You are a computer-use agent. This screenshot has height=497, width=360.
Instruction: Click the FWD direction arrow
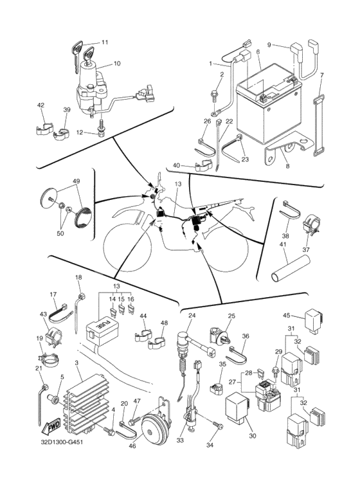coord(50,429)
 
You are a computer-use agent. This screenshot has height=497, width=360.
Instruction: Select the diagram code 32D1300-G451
coord(62,442)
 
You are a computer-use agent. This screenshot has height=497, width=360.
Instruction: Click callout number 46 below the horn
coord(132,446)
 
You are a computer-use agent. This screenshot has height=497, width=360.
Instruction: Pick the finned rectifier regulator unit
coord(85,402)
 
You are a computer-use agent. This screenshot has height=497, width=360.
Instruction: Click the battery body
coord(269,105)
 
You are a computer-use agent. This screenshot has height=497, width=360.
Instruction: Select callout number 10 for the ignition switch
coord(117,64)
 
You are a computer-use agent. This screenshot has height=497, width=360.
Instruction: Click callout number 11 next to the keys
coord(105,42)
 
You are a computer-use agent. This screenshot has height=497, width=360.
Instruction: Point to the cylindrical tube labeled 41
coord(291,269)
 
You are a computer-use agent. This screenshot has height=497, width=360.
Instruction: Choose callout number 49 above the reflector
coord(76,181)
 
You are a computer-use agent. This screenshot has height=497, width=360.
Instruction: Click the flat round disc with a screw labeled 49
coord(49,197)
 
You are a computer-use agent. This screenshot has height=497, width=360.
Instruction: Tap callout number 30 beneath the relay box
coord(252,436)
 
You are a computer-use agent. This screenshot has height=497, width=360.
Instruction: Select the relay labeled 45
coord(314,320)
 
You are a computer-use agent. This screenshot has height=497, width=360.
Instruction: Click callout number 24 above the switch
coord(192,316)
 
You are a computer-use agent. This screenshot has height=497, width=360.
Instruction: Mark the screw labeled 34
coord(218,426)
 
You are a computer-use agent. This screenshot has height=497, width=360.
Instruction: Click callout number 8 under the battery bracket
coord(288,166)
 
